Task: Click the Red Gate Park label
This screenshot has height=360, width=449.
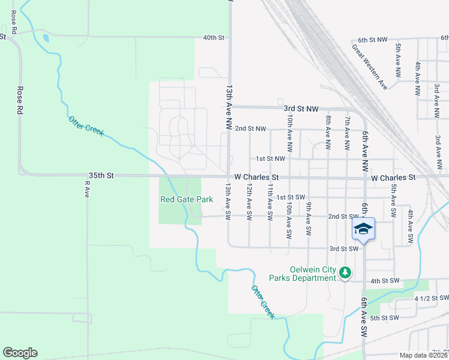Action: [187, 199]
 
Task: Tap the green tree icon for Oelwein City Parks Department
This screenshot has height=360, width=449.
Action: [345, 273]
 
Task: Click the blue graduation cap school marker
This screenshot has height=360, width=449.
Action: [364, 229]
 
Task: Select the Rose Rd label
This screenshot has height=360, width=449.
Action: [20, 100]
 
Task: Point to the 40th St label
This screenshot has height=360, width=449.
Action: [213, 37]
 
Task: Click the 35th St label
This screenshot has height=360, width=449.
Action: [101, 176]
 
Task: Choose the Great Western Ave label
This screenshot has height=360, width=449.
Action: [370, 67]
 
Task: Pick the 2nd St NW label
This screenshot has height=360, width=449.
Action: [250, 128]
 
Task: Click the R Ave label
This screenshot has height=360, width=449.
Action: [86, 191]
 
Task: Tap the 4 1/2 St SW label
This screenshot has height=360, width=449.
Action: [432, 298]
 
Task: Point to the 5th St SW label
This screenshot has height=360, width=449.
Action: [385, 317]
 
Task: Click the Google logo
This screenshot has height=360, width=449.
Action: [20, 353]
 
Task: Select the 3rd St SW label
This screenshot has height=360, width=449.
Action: [343, 248]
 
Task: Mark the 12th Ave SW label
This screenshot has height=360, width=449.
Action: [249, 201]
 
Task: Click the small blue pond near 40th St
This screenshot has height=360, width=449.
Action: [46, 40]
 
